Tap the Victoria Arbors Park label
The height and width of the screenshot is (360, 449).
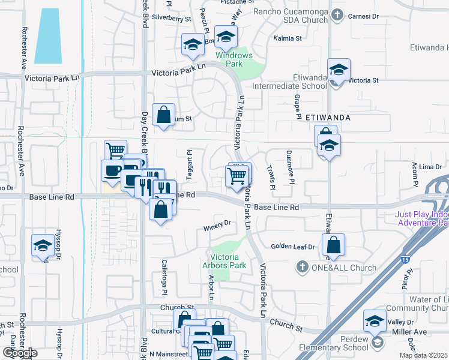pos(229,261)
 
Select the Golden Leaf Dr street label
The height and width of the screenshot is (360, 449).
pos(292,247)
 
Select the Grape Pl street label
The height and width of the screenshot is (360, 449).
pos(297,106)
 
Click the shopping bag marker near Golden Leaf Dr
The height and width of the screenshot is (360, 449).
pos(334,245)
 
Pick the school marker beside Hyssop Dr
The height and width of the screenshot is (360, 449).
pos(43,245)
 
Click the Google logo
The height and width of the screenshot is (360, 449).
pos(19,353)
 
